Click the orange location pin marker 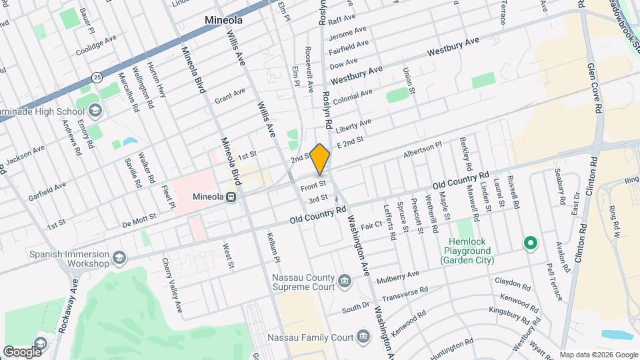[x=320, y=159]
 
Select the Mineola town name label [x=223, y=21]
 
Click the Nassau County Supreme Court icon [x=344, y=281]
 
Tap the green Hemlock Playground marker [x=531, y=243]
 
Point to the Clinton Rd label [x=589, y=175]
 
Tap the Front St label [x=313, y=183]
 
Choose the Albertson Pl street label [x=422, y=149]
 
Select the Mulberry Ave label [x=398, y=277]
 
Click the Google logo [x=22, y=351]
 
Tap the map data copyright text [x=598, y=355]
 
